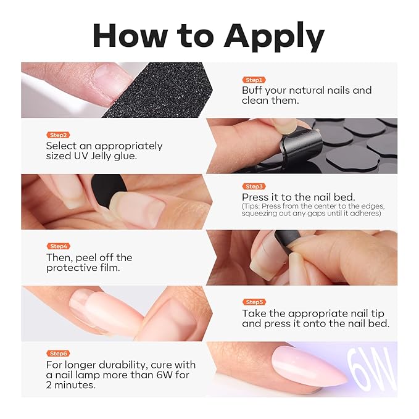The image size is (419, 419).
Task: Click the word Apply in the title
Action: (x=274, y=38)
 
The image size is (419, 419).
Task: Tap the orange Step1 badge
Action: (x=254, y=80)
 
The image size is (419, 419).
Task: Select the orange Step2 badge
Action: (x=58, y=135)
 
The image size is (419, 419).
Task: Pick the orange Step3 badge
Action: (x=254, y=186)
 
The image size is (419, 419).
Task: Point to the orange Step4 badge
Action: (x=58, y=246)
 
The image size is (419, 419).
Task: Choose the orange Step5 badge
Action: (x=254, y=302)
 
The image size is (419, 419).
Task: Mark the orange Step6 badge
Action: (x=58, y=353)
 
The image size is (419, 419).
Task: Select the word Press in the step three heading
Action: (x=255, y=197)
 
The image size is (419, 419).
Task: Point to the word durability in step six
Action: (x=122, y=365)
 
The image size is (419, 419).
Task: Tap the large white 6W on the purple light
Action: (x=371, y=369)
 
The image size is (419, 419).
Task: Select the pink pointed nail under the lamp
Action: (x=309, y=366)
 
